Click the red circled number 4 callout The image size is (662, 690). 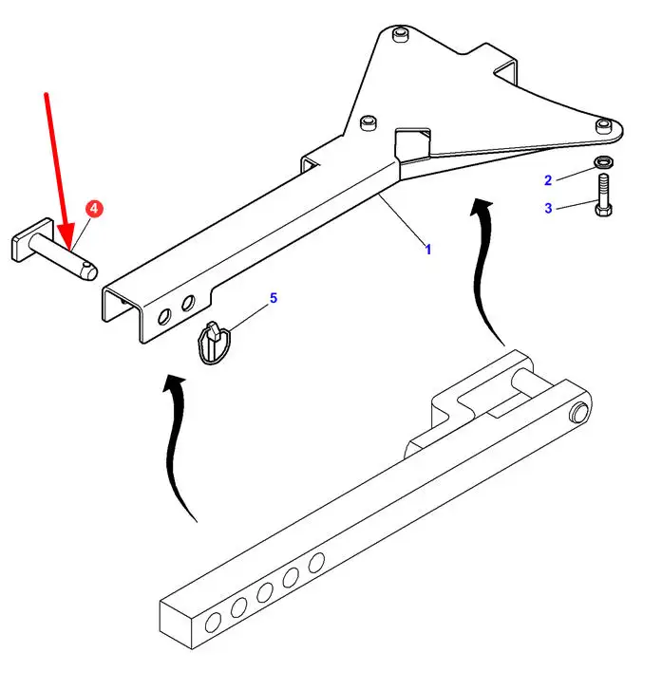click(x=94, y=209)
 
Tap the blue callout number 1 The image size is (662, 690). click(x=427, y=250)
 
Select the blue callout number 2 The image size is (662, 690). click(x=548, y=180)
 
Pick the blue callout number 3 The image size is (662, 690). click(x=548, y=208)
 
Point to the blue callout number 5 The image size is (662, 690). click(x=274, y=298)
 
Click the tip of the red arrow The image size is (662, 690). click(x=68, y=250)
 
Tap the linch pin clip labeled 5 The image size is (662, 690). click(x=214, y=343)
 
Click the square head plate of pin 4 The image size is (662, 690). click(x=32, y=240)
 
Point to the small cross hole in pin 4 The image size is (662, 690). click(x=90, y=266)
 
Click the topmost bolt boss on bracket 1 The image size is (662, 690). click(x=400, y=35)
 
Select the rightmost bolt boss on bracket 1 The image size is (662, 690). click(x=604, y=126)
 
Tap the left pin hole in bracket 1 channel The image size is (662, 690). click(x=164, y=317)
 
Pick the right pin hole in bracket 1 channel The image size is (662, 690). click(x=188, y=303)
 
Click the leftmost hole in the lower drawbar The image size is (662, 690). click(x=213, y=623)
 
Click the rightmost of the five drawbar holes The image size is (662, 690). click(x=316, y=563)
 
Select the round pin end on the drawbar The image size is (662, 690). click(x=579, y=412)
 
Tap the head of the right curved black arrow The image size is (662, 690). click(x=482, y=207)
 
